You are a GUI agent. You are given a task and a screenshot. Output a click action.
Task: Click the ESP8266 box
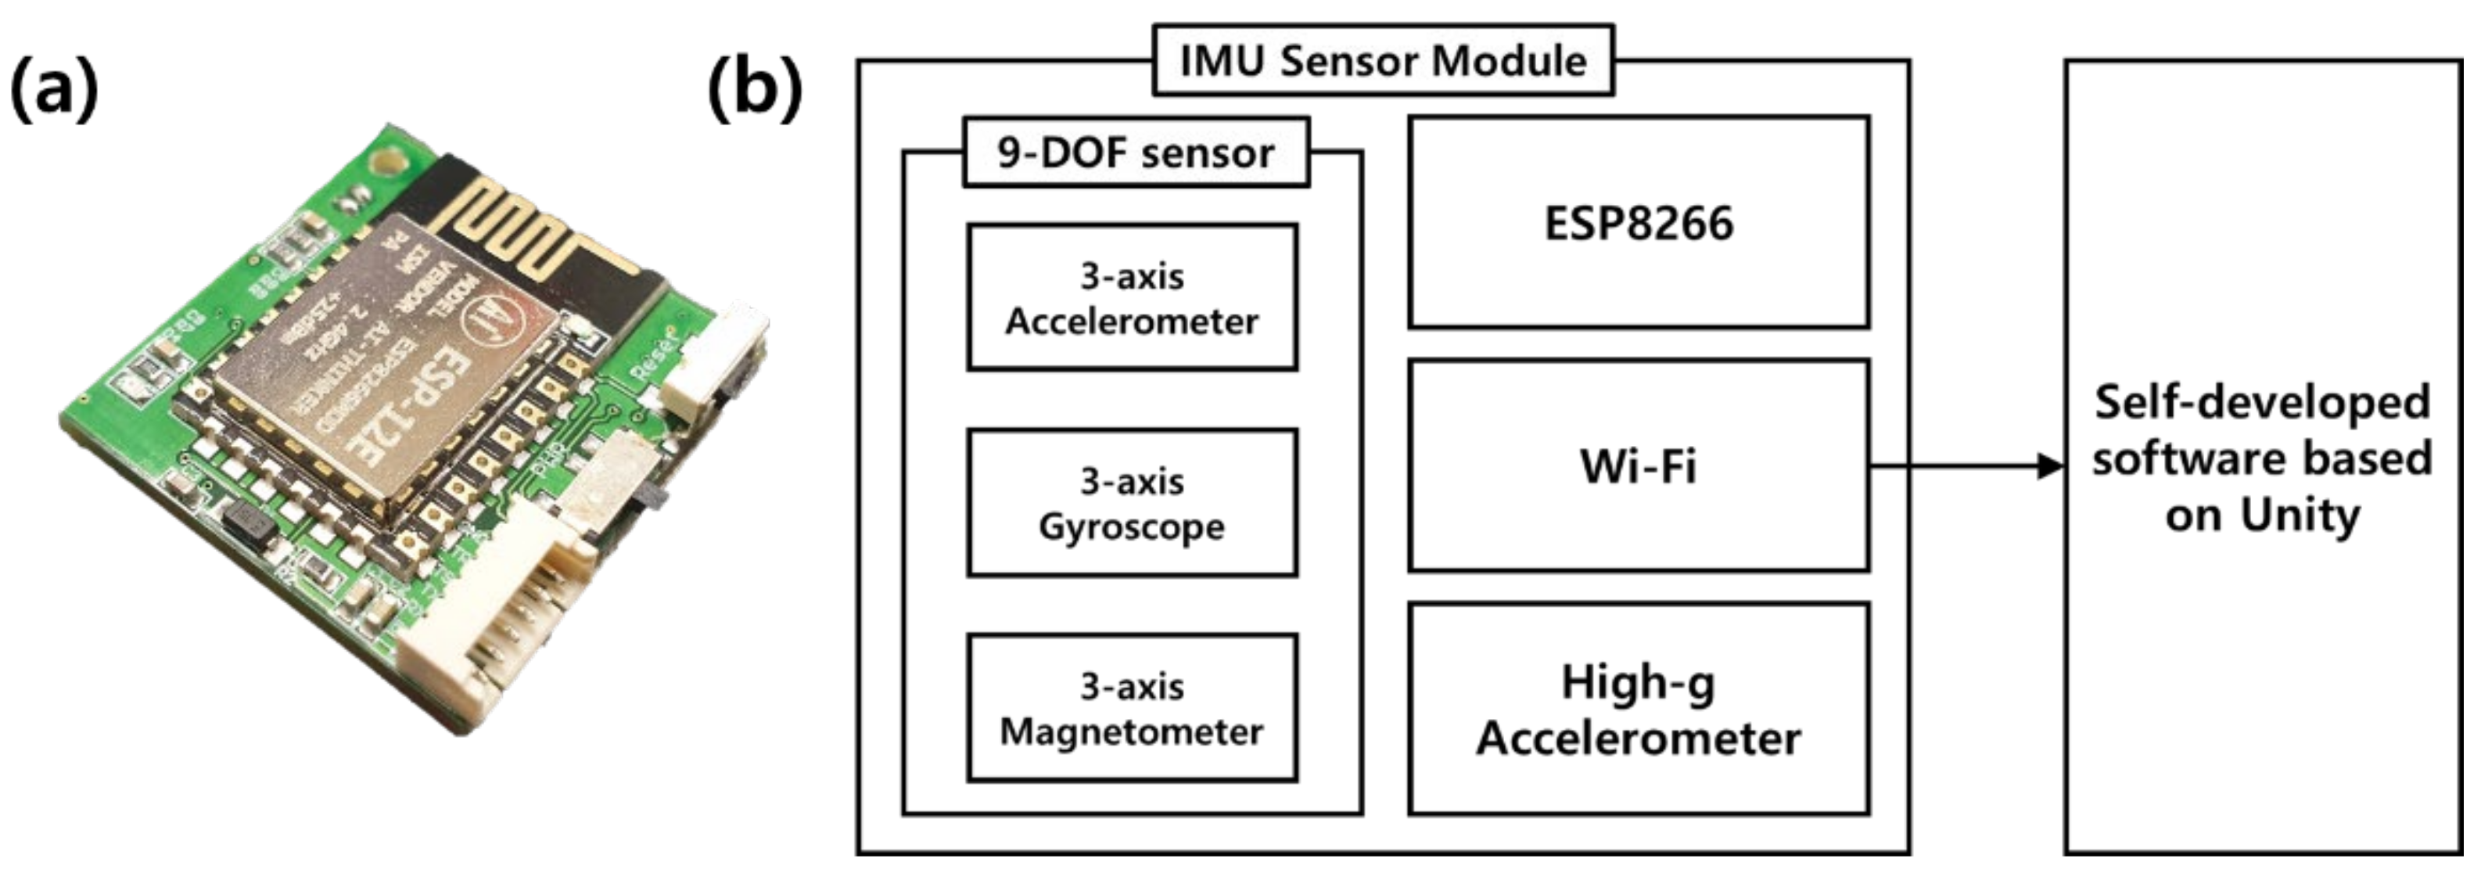(1639, 223)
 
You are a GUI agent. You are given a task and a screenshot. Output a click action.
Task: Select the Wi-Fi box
(1639, 466)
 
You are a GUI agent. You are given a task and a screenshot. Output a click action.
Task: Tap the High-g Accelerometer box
(1639, 710)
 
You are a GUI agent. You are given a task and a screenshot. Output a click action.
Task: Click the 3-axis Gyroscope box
(1132, 503)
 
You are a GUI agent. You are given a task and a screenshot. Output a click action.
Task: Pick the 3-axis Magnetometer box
(1132, 708)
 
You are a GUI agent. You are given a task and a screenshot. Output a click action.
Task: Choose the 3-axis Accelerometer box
(1132, 298)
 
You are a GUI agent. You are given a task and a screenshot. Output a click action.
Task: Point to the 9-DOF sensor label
(1136, 153)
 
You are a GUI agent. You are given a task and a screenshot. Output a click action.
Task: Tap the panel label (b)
(754, 88)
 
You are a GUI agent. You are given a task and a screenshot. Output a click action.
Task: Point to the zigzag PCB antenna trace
(511, 226)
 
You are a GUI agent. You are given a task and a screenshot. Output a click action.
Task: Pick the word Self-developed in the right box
(2262, 402)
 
